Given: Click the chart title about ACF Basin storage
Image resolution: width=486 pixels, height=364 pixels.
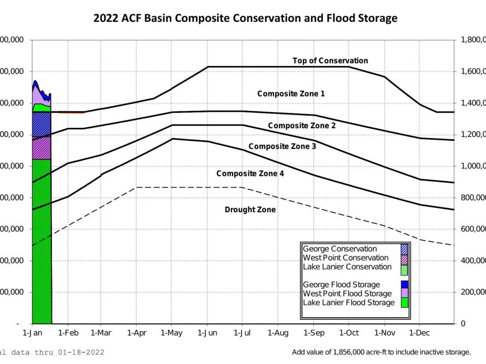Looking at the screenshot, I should click(245, 19).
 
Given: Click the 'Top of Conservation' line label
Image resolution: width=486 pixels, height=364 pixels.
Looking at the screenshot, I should click(330, 61).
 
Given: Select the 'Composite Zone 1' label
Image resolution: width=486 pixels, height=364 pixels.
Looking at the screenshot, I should click(291, 94).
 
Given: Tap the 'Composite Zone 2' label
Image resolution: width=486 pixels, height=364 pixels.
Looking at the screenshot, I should click(301, 126).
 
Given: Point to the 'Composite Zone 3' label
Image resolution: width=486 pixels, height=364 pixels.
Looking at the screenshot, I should click(282, 146).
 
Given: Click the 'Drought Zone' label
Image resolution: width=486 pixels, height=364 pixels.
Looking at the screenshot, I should click(250, 210).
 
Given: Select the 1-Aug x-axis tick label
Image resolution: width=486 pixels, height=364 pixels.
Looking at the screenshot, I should click(278, 332).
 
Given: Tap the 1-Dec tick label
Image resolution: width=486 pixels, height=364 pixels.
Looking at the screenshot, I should click(419, 332).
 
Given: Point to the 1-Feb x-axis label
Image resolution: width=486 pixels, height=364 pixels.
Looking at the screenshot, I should click(67, 332).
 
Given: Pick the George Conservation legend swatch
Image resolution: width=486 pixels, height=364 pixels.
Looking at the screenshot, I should click(404, 249).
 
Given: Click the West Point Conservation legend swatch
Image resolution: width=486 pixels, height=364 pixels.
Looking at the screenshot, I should click(404, 258).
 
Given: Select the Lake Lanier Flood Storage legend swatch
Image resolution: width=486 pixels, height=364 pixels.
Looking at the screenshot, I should click(404, 302).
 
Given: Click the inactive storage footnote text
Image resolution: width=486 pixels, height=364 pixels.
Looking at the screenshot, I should click(381, 352).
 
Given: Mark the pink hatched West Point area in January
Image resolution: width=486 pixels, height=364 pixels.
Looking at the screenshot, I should click(42, 148).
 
